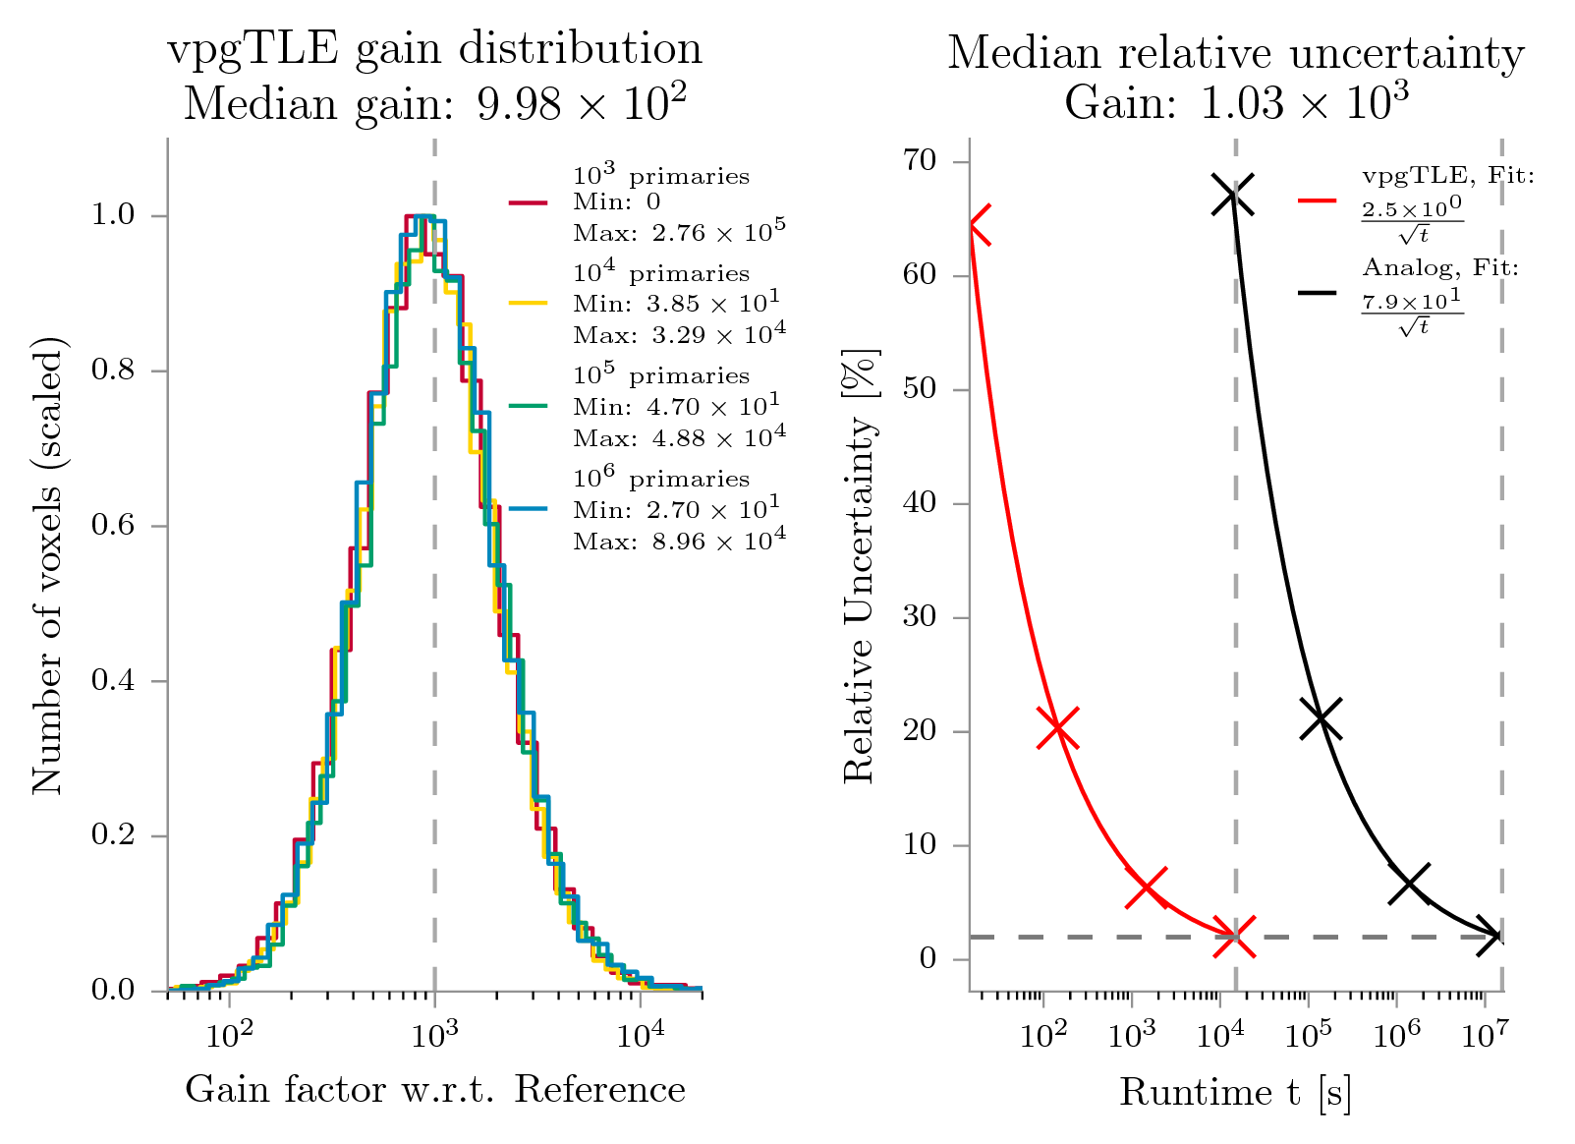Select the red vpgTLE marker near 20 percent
tap(1057, 728)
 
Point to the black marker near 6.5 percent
tap(1409, 884)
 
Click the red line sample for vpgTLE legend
tap(1317, 200)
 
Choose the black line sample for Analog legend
tap(1317, 292)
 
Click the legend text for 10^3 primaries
tap(661, 176)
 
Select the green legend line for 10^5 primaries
tap(528, 405)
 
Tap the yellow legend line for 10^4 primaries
tap(528, 304)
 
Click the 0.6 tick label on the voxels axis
tap(115, 527)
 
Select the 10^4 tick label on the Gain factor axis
tap(641, 1035)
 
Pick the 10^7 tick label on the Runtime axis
tap(1485, 1035)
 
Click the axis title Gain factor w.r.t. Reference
tap(435, 1090)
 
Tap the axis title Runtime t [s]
tap(1235, 1092)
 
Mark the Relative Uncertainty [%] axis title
tap(860, 565)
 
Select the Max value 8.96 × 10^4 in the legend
tap(680, 541)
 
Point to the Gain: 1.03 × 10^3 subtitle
tap(1235, 101)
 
